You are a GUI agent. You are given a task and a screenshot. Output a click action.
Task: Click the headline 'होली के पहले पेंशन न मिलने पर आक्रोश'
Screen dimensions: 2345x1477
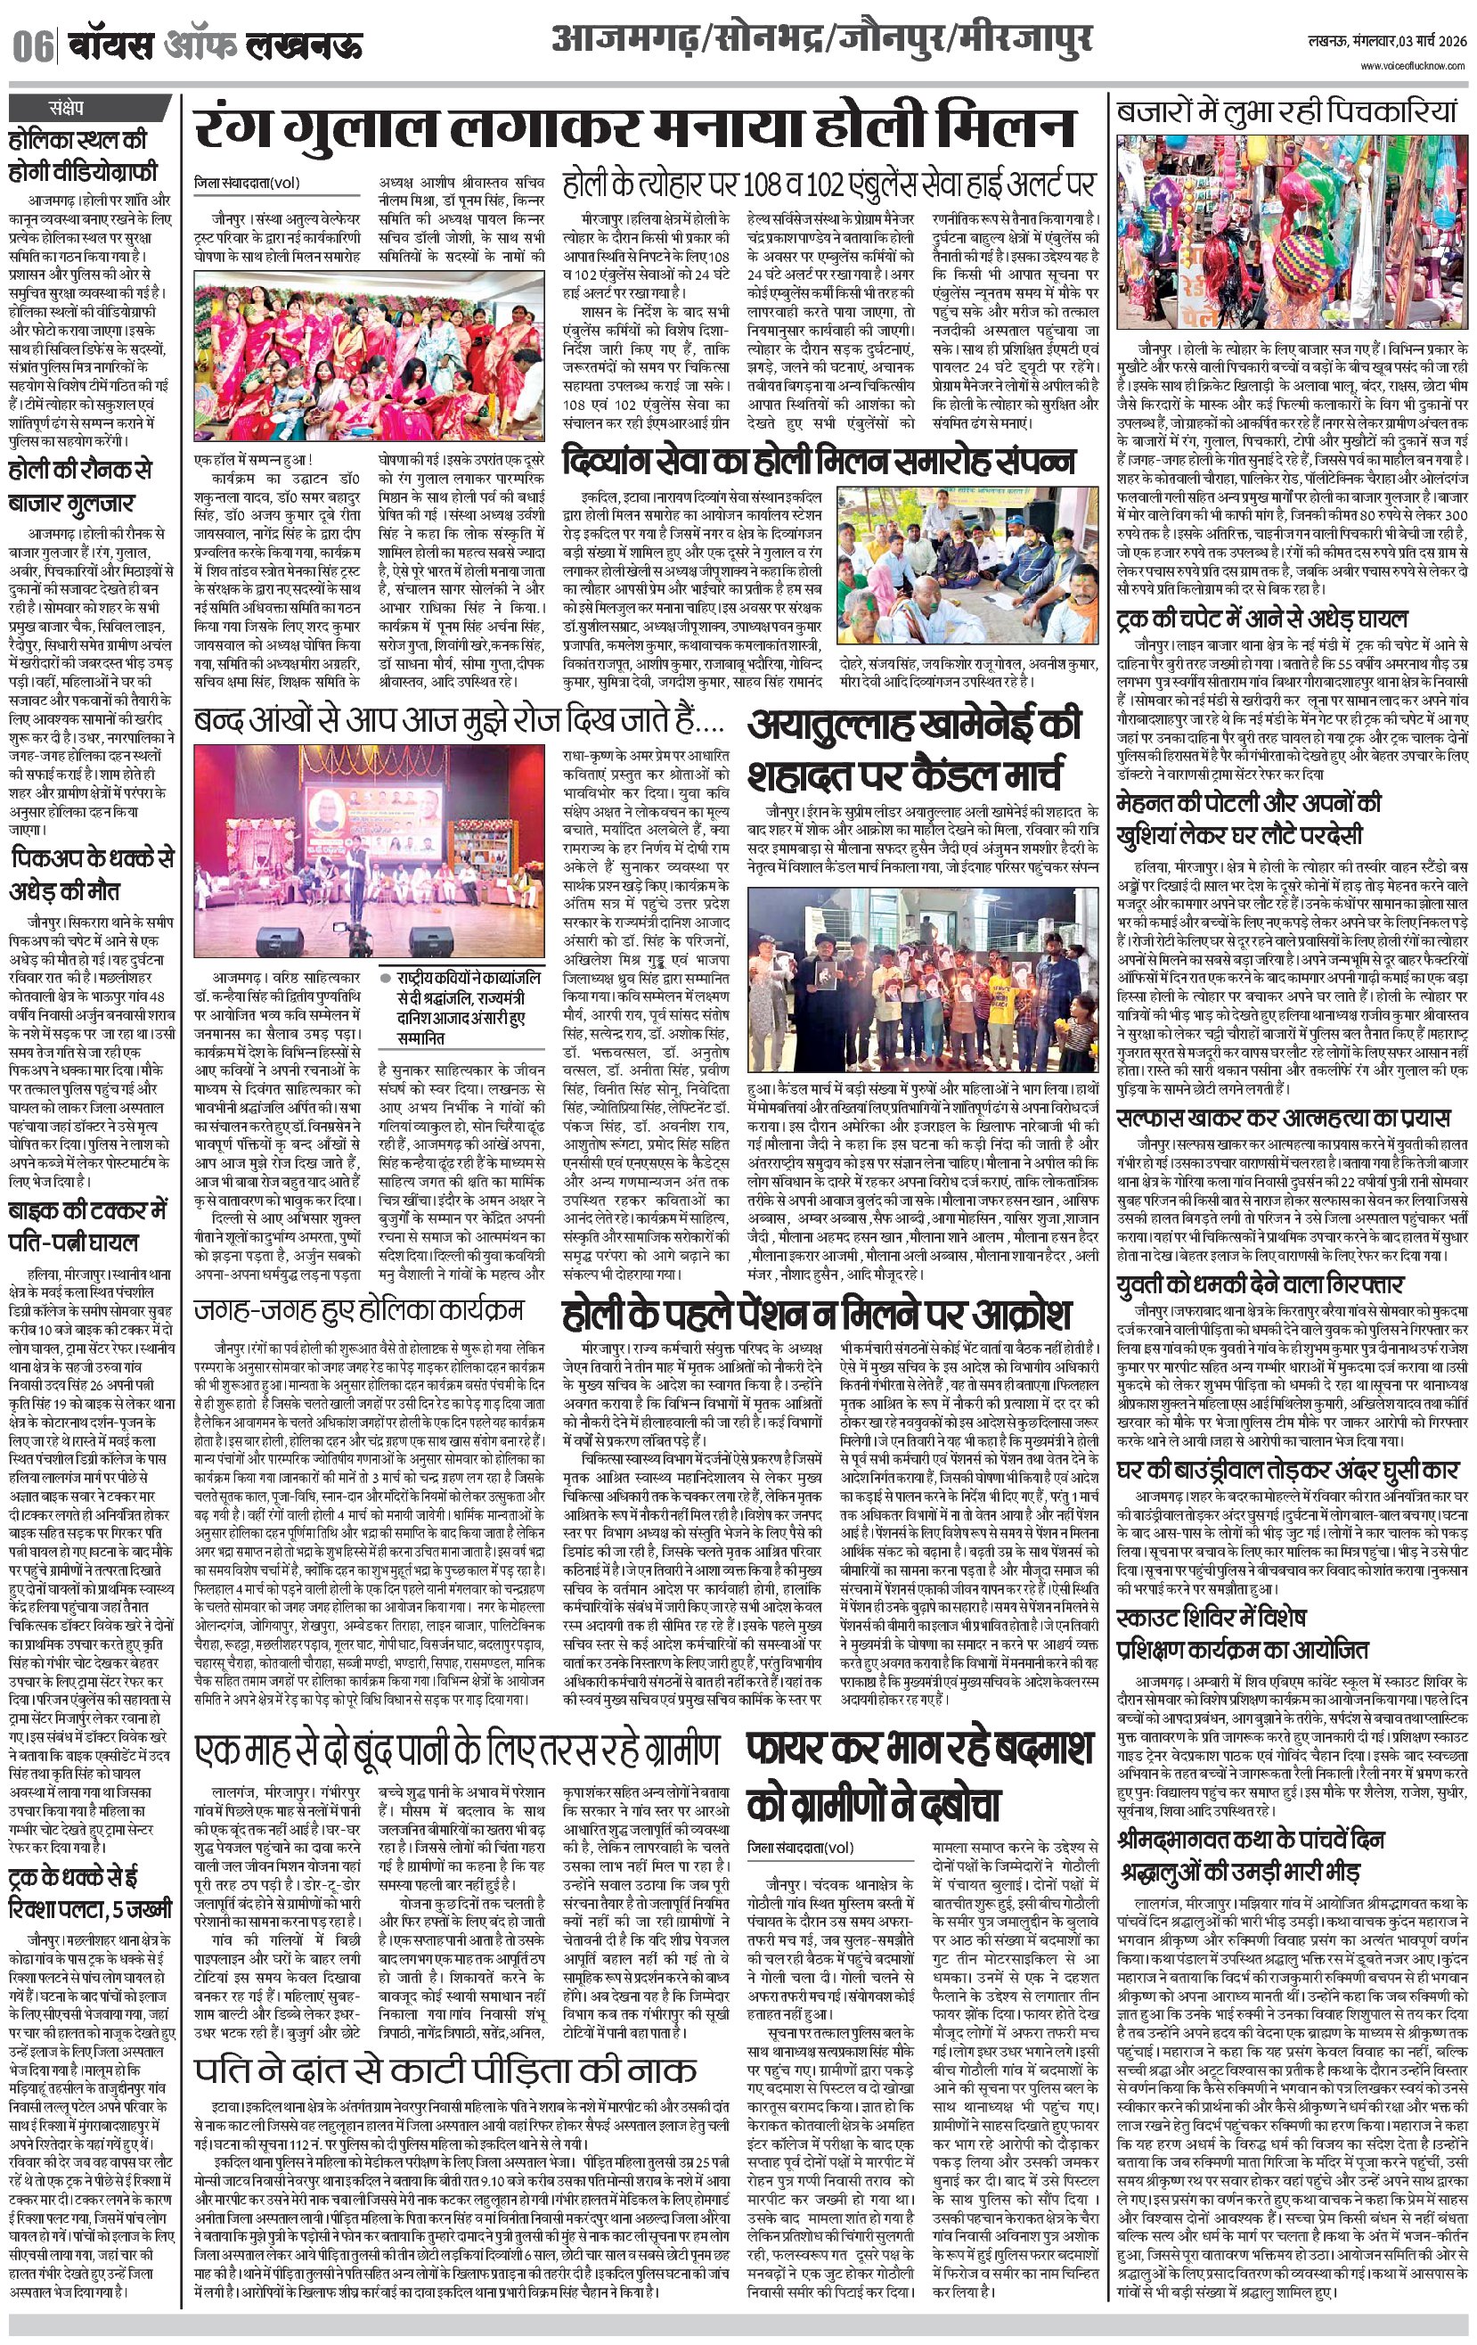coord(817,1314)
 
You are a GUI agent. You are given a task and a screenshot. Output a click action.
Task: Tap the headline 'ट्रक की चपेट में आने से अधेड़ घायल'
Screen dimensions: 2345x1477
coord(1261,619)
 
